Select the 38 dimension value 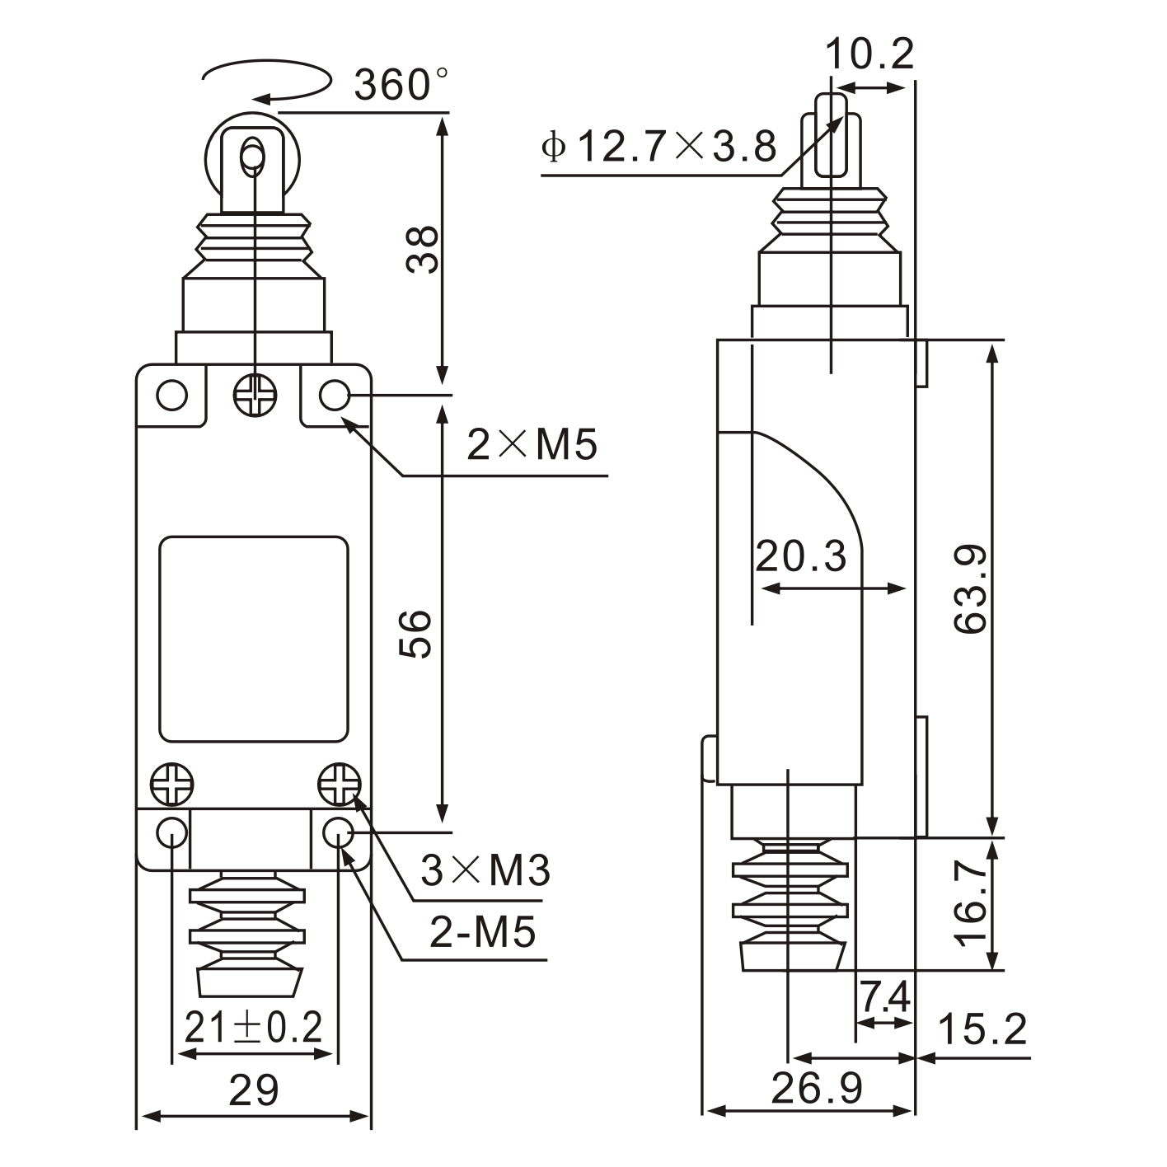(422, 249)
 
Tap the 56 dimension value (417, 633)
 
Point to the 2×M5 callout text (532, 445)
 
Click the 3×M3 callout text (485, 870)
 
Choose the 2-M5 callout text (483, 932)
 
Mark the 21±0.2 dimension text (253, 1028)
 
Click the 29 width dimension (254, 1090)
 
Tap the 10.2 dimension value (869, 54)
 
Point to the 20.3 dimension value (801, 556)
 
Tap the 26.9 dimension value (817, 1089)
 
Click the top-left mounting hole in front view (172, 396)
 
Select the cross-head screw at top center (255, 396)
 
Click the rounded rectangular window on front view (253, 640)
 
